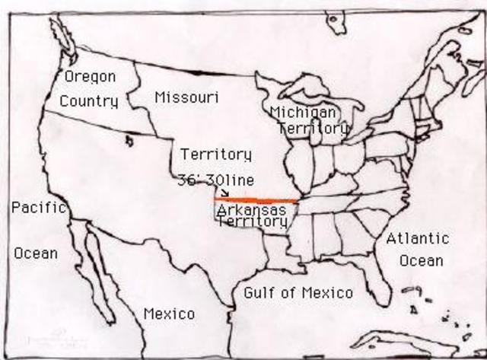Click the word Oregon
pos(90,76)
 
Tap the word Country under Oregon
pos(89,100)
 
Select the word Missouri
pos(186,97)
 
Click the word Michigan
pos(303,113)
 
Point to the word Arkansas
pos(251,209)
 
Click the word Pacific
pos(40,207)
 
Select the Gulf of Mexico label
pos(298,292)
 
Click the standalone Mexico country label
pos(169,314)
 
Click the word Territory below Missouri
pos(215,155)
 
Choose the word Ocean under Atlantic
pos(422,260)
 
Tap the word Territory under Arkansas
pos(252,221)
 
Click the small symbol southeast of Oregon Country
pos(129,140)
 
